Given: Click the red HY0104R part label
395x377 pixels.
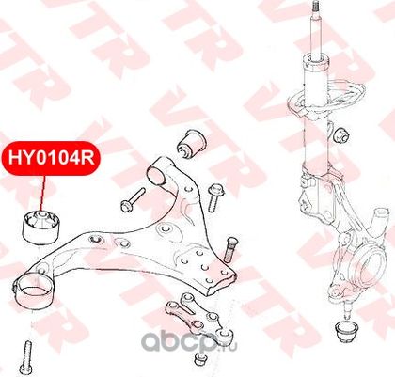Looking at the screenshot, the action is coord(51,158).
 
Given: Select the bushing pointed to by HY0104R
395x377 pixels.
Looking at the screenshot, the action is coord(41,227).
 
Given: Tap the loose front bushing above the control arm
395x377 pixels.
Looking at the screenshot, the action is coord(191,143).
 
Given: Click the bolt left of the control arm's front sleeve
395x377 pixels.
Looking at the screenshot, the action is coord(133,199).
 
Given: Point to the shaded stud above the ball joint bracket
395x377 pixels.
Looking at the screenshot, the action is coord(230,249).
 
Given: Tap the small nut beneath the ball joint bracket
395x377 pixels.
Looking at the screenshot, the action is coord(199,359).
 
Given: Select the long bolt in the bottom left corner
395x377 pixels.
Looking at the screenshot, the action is coord(26,358).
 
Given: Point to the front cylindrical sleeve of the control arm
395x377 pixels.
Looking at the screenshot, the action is coord(159,172).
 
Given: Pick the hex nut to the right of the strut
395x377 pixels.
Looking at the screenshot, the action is coord(340,134).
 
